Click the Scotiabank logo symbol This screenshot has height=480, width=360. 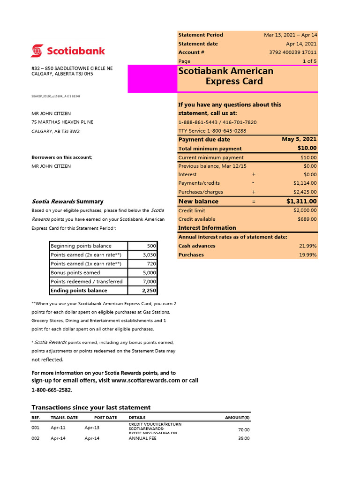click(37, 51)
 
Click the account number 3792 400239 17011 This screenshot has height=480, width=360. click(292, 52)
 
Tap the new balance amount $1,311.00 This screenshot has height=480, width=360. click(301, 202)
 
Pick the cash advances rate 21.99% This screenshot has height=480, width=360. click(307, 246)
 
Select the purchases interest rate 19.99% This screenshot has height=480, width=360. click(307, 255)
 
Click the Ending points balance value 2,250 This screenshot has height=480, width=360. click(148, 291)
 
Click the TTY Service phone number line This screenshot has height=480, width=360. click(212, 131)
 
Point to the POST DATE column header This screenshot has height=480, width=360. click(105, 418)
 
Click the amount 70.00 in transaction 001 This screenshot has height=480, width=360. click(243, 430)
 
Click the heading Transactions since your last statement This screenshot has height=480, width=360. click(91, 407)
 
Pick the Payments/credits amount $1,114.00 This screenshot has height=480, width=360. click(305, 183)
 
